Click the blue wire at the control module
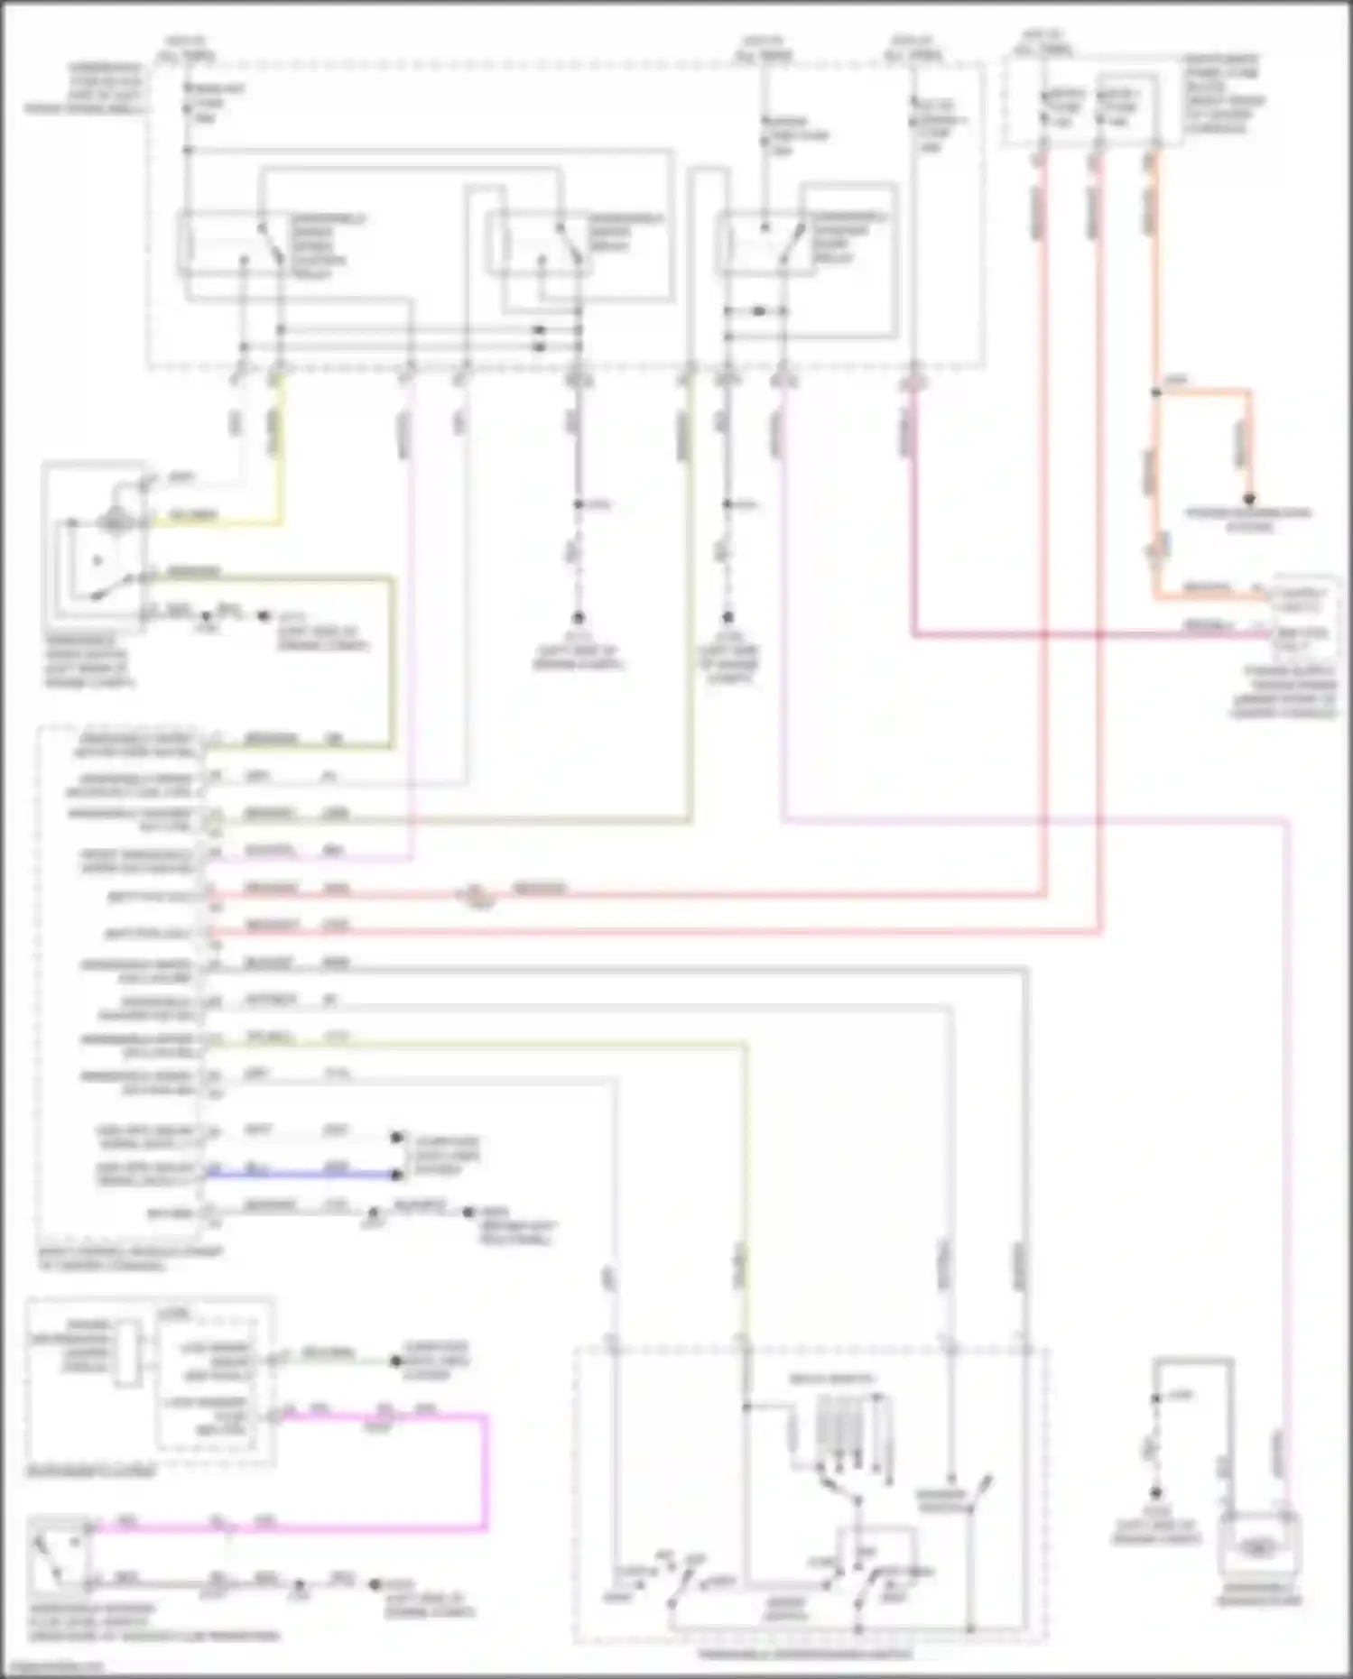point(298,1174)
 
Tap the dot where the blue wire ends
point(396,1175)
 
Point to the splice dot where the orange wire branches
point(1155,392)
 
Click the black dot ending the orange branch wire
point(1250,498)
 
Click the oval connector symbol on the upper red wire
point(477,896)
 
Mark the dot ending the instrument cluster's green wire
point(395,1361)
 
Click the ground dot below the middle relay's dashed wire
point(579,618)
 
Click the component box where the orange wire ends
point(1300,613)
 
